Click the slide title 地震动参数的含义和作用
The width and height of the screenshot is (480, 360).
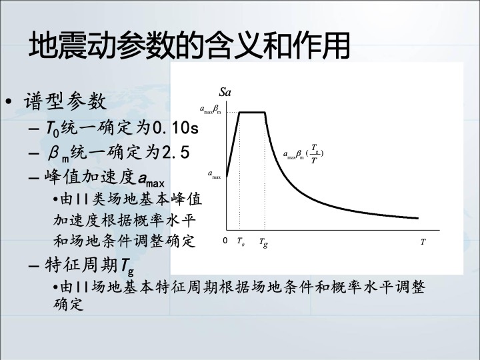pos(189,45)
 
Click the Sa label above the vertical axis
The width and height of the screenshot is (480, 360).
pos(225,92)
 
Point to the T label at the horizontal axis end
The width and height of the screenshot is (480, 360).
pos(423,242)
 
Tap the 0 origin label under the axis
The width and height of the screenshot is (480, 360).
pos(225,241)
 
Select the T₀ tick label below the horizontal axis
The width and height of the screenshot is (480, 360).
pos(241,241)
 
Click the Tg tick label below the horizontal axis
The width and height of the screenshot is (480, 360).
pos(263,243)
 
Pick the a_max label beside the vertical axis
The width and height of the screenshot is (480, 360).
pos(214,175)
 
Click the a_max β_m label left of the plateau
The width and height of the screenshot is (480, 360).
pos(211,109)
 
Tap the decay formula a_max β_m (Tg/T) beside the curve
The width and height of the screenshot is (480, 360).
pos(303,154)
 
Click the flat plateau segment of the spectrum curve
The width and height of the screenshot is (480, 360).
pos(252,113)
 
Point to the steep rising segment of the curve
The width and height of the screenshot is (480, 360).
pos(233,145)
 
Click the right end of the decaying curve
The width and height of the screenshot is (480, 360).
pos(418,218)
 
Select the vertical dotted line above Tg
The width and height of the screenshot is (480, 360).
pos(265,171)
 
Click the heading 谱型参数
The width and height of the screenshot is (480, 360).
pos(65,101)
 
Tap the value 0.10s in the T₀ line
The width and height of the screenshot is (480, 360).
pos(175,127)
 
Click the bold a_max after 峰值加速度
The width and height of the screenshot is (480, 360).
pos(151,179)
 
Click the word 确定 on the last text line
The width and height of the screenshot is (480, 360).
pos(68,304)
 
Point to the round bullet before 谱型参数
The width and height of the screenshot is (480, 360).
pos(9,101)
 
